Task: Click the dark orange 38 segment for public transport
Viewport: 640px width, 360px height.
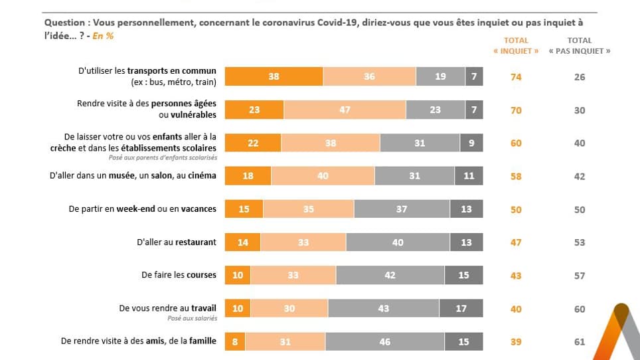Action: click(x=274, y=76)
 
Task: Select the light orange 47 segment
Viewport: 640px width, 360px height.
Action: click(x=345, y=110)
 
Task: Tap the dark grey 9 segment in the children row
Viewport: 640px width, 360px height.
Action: click(x=471, y=143)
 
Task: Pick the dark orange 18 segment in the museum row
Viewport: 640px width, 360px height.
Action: click(x=248, y=176)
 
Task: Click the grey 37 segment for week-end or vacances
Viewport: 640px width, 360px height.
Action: click(x=402, y=209)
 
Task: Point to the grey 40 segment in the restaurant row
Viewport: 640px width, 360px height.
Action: click(x=397, y=242)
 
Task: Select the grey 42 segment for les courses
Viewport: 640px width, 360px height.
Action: click(x=390, y=276)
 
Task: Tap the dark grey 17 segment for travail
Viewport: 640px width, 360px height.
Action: click(x=461, y=309)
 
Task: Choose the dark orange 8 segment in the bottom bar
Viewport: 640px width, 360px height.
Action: click(x=235, y=341)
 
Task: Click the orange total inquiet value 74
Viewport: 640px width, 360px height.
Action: click(x=516, y=77)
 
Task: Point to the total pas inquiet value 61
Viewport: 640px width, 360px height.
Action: click(x=580, y=341)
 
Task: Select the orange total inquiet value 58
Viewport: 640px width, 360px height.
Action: click(x=516, y=177)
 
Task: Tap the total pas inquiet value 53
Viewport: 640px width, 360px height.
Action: click(x=580, y=242)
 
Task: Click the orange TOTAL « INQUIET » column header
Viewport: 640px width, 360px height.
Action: click(x=516, y=46)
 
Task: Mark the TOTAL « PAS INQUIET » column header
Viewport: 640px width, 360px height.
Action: click(x=580, y=46)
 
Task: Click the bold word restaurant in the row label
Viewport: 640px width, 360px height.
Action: click(x=195, y=242)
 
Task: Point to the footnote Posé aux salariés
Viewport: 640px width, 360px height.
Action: click(x=192, y=319)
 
